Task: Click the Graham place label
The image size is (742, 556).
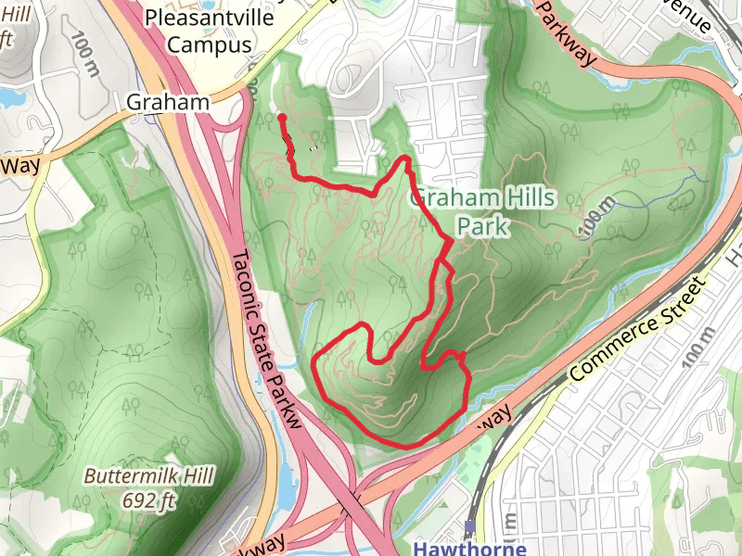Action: pos(168,102)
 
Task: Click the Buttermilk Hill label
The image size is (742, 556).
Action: pos(148,477)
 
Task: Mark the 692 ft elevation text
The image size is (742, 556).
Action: pos(148,500)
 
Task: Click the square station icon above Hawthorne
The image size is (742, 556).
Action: pos(469,527)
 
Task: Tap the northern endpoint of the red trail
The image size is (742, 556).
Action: pos(280,118)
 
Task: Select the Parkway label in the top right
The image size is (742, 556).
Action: pos(566,32)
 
